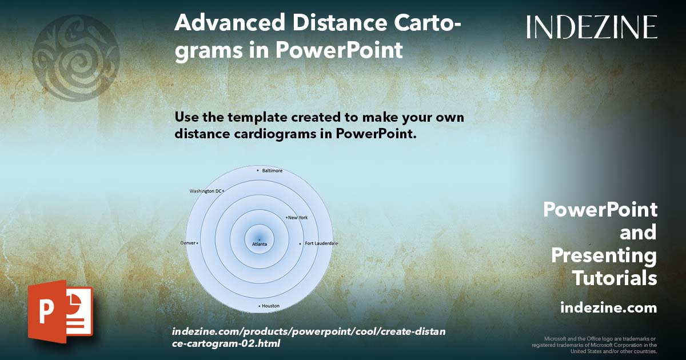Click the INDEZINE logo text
pos(592,27)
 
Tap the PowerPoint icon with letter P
pos(60,311)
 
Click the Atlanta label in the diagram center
pos(260,244)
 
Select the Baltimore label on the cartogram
pos(272,170)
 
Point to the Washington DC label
pos(205,191)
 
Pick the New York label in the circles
pos(298,218)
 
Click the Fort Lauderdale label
pos(321,243)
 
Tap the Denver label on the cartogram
pos(188,243)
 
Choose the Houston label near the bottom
pos(270,306)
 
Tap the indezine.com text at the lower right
pos(608,308)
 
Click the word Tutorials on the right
pos(615,278)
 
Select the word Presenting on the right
pos(604,255)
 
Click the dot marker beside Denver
pos(197,243)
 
